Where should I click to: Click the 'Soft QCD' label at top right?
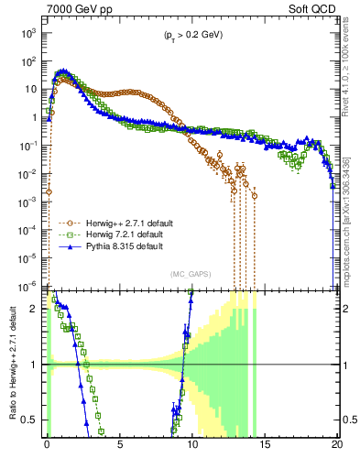click(314, 8)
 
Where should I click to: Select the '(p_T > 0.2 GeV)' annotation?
click(191, 36)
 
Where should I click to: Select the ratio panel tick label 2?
click(35, 309)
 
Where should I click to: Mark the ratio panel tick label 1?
click(35, 365)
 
